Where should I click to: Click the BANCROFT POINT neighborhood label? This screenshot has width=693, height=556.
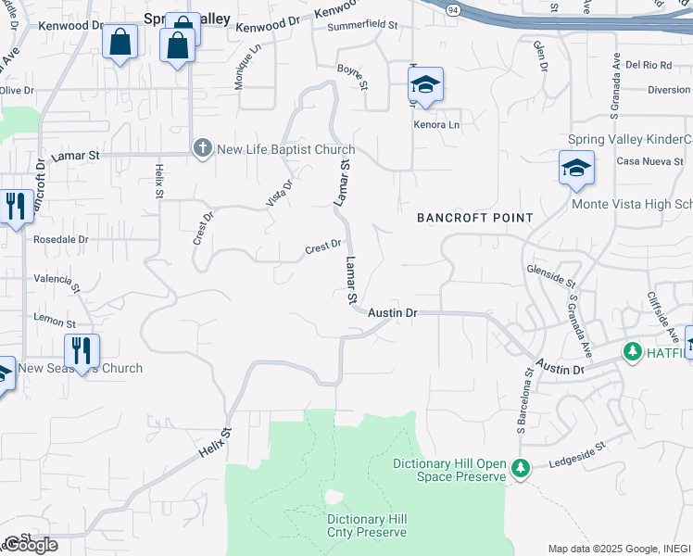[474, 218]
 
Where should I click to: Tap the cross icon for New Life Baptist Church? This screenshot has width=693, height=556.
[202, 148]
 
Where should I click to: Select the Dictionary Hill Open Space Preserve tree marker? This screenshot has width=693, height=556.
[522, 470]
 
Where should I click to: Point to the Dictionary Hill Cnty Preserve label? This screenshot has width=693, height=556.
[366, 525]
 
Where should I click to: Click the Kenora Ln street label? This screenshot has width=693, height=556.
[436, 124]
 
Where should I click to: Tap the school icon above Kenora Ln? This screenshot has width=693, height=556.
[425, 86]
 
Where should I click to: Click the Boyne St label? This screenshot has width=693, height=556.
[352, 76]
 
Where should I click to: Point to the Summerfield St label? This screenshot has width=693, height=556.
[361, 27]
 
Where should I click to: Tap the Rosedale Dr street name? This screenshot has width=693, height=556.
[60, 238]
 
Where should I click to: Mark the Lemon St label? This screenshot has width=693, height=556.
[55, 322]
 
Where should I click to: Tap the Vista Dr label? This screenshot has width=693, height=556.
[280, 190]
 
